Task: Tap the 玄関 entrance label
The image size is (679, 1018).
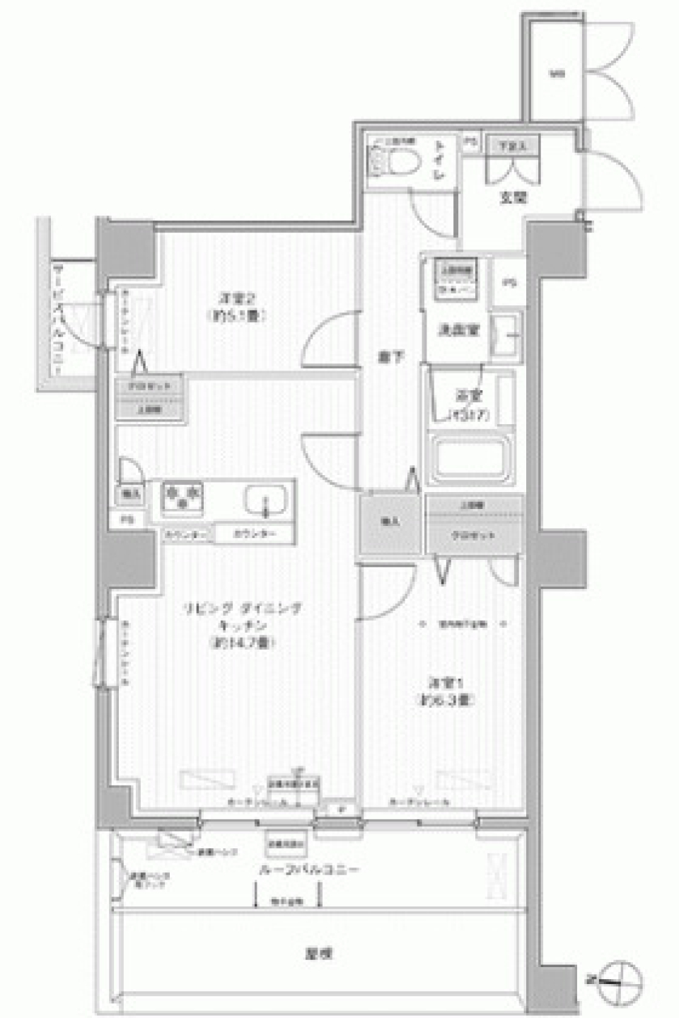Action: (514, 199)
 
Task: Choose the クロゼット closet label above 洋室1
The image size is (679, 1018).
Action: (474, 535)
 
